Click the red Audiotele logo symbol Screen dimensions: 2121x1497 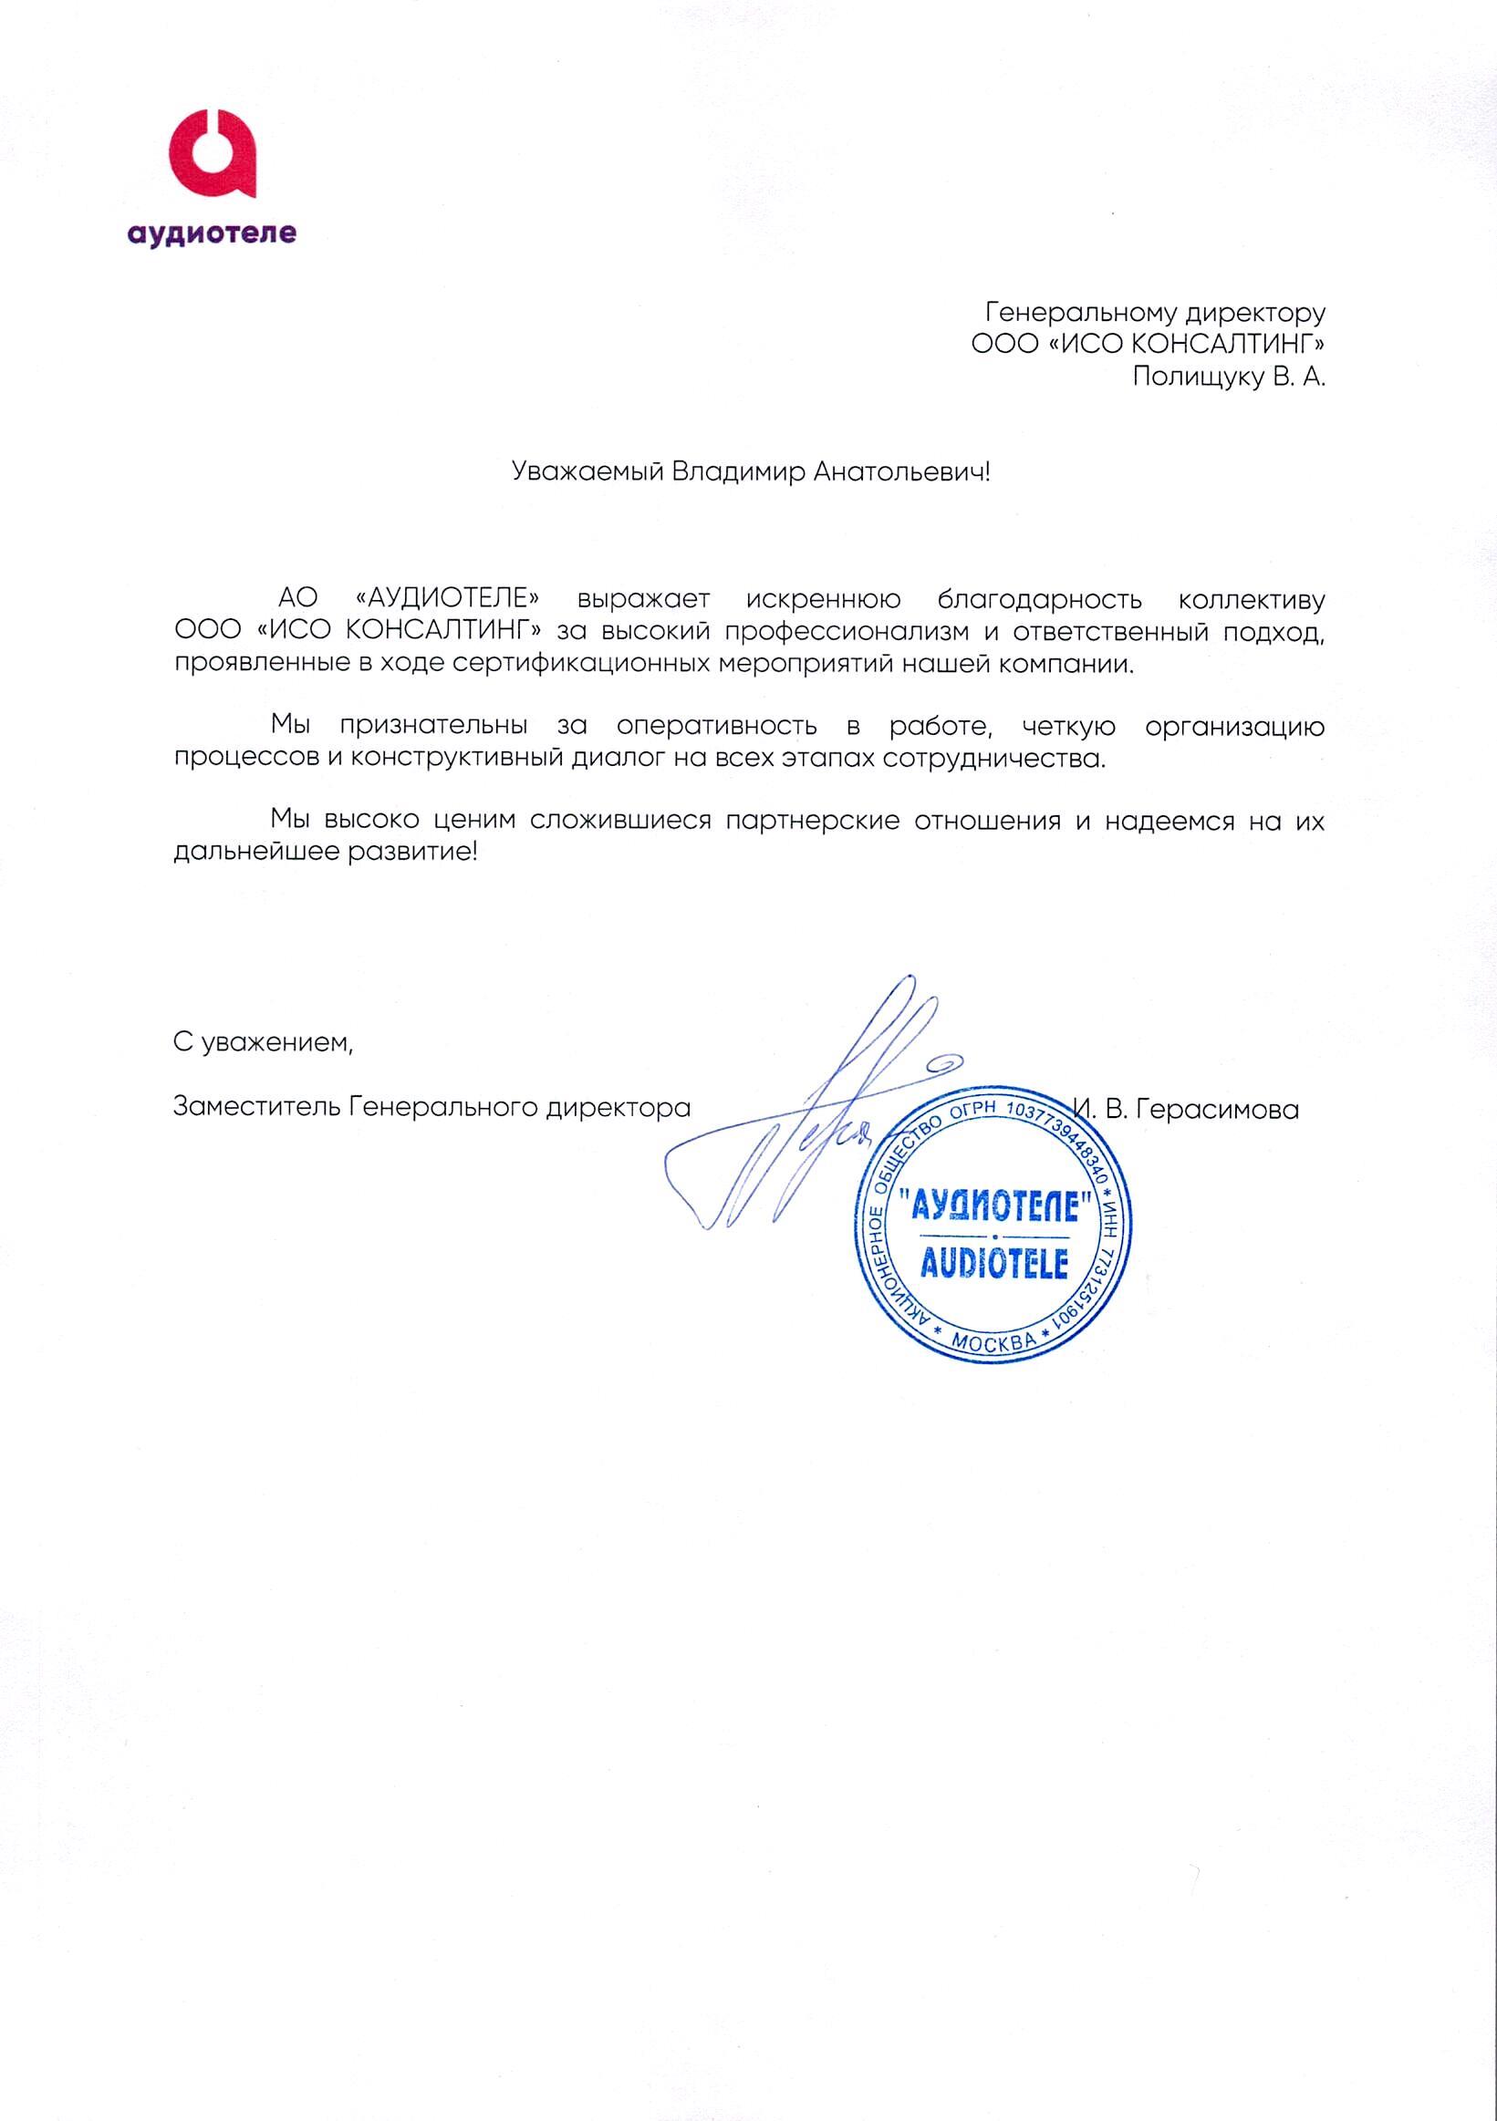pos(211,154)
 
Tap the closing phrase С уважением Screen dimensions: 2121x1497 pos(264,1044)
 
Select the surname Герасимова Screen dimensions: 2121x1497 pos(1218,1110)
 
